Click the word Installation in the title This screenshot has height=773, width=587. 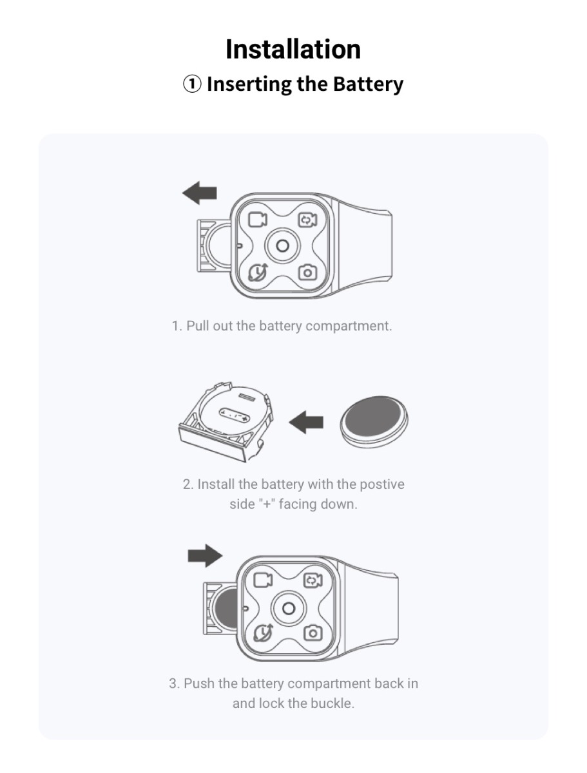[293, 49]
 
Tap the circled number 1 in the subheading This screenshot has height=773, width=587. [192, 84]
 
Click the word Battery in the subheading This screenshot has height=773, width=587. [369, 84]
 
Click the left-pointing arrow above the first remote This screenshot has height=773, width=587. [199, 193]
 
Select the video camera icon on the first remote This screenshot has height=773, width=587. [257, 220]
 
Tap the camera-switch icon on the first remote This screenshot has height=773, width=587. [307, 220]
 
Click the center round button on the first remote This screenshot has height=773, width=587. [282, 246]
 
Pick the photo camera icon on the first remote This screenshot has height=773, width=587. [307, 272]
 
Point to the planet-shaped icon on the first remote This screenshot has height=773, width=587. [257, 272]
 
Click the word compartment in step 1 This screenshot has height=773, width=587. [348, 326]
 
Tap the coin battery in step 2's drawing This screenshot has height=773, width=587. [374, 421]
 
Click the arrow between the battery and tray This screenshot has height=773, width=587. [306, 422]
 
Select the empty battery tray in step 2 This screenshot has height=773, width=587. [226, 421]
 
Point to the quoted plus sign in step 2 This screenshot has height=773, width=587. [267, 504]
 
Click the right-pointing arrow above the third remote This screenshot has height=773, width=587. [205, 556]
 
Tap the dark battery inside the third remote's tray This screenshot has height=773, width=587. [226, 608]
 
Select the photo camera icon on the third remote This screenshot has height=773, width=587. [313, 633]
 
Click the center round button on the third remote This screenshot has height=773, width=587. [289, 608]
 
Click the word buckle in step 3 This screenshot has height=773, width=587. [333, 703]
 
